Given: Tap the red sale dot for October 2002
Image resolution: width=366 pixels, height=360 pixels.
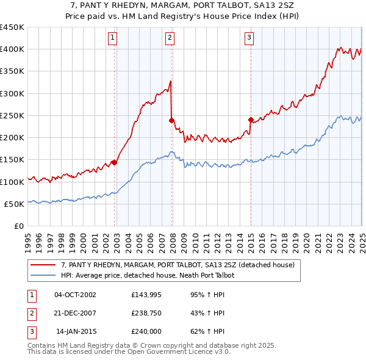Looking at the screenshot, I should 114,162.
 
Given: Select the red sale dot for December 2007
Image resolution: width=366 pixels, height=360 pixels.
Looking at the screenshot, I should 172,120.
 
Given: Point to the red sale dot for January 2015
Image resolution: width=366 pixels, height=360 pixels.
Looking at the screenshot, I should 251,120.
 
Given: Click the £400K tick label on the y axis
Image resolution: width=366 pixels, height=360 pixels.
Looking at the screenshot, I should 12,49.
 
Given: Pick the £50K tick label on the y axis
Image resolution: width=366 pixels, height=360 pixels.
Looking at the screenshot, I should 14,204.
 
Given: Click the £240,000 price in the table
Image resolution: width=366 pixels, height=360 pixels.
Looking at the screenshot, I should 145,332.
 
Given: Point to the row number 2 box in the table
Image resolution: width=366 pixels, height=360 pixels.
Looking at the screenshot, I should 31,314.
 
